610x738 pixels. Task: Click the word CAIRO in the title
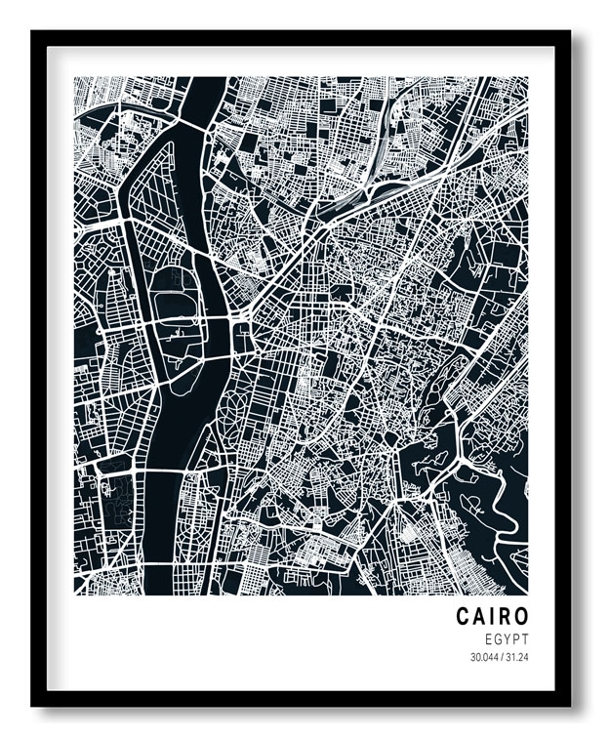click(x=492, y=617)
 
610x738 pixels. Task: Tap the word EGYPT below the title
click(x=506, y=638)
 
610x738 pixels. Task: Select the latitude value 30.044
click(x=482, y=657)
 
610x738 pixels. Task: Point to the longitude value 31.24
click(x=517, y=657)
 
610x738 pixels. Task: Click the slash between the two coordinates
click(x=501, y=657)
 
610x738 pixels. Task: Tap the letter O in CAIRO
click(x=521, y=617)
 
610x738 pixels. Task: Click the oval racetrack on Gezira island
click(x=174, y=293)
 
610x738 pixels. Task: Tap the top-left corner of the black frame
click(x=33, y=32)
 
